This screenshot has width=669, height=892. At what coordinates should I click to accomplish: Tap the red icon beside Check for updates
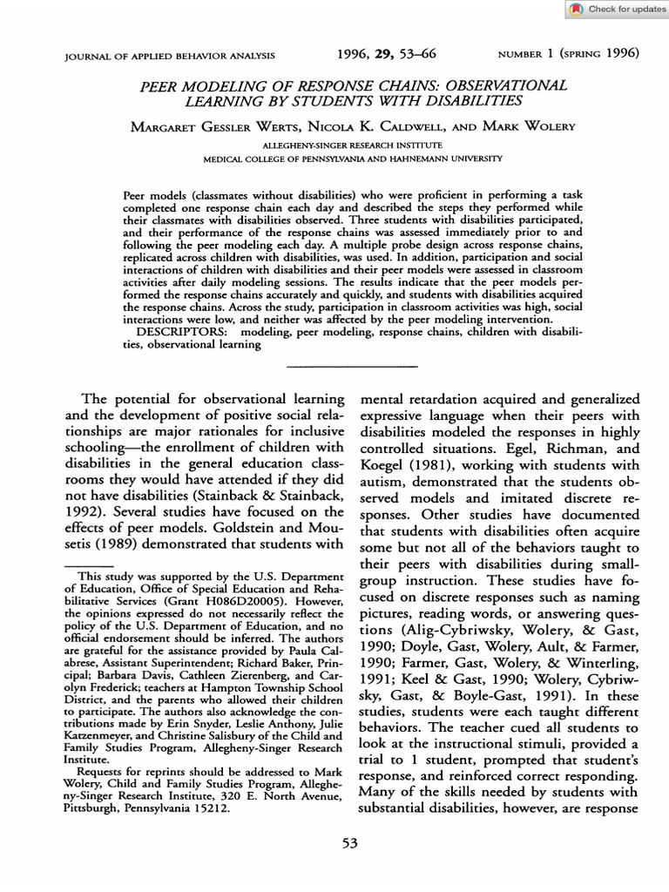coord(577,10)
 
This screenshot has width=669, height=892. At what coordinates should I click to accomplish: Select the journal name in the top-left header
coord(170,56)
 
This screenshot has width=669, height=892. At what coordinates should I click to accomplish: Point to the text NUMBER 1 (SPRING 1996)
coord(568,54)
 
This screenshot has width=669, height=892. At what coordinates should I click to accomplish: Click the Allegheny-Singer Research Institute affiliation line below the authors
coord(352,145)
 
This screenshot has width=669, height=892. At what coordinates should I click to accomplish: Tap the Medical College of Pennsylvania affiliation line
coord(352,160)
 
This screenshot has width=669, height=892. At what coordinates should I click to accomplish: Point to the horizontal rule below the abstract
coord(352,365)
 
